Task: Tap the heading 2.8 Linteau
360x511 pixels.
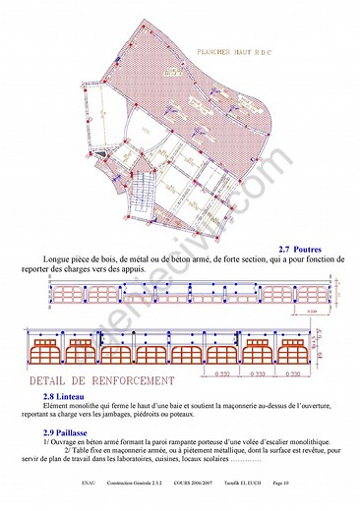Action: coord(63,395)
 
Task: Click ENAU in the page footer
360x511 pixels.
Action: coord(88,483)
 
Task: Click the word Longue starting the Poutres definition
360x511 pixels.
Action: coord(58,259)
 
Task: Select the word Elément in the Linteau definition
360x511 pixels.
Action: coord(57,404)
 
